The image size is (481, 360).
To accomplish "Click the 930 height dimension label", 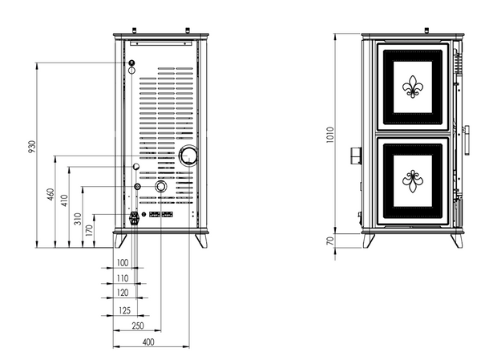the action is [x=32, y=147].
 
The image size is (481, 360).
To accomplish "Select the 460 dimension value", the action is [x=51, y=194].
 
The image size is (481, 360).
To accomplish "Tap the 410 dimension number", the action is [x=64, y=200].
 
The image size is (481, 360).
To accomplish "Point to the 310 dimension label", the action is [x=78, y=219].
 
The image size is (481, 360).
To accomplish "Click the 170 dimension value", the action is [x=89, y=230].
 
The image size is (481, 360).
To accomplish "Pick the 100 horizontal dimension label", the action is [x=123, y=263].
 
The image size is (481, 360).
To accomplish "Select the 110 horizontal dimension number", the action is [x=123, y=278].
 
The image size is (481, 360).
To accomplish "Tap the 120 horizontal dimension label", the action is [x=123, y=293].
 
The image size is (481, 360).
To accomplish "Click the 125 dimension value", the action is [x=124, y=310].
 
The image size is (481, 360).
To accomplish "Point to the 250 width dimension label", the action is [x=138, y=326].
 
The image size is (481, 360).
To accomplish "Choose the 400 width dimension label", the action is [x=148, y=342].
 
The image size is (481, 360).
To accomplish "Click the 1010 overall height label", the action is [x=329, y=135].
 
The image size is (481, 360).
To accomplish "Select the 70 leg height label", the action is [x=329, y=241].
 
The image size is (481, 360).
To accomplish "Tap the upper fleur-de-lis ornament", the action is [x=413, y=87].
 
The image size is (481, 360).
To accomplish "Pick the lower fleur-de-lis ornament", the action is [x=413, y=181].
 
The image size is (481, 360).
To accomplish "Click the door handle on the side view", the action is [x=467, y=140].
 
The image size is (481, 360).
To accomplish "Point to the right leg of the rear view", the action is [x=201, y=241].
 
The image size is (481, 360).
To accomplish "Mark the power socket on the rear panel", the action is [x=134, y=218].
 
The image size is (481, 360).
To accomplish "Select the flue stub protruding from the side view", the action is [x=356, y=156].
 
